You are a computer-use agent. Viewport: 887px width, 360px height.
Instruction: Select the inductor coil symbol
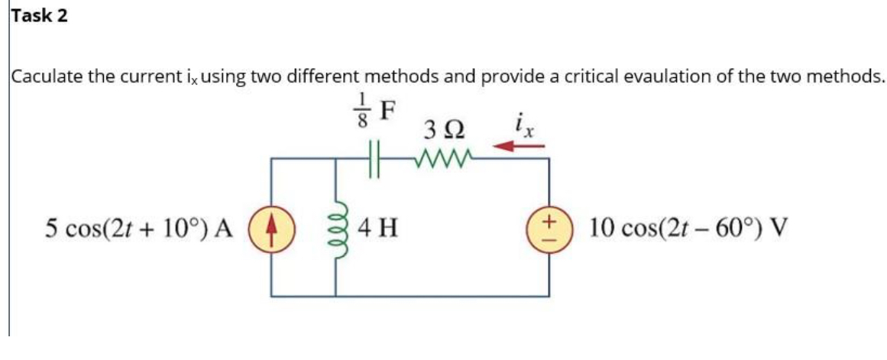tap(336, 227)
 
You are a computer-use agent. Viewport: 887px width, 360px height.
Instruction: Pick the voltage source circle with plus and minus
tap(547, 227)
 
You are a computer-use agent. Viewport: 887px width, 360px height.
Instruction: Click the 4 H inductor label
tap(374, 227)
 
